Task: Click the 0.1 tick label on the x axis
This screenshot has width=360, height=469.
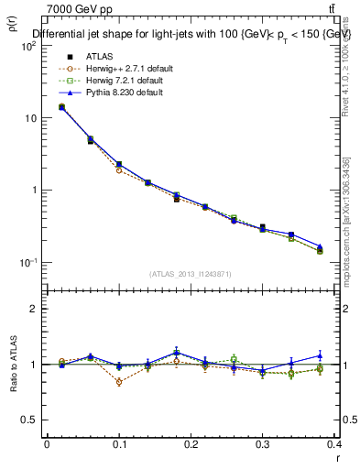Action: coord(118,444)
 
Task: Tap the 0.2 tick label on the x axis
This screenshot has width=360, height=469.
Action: coord(191,444)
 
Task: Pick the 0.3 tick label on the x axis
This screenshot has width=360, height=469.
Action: coord(263,444)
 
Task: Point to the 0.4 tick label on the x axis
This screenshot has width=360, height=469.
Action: coord(334,444)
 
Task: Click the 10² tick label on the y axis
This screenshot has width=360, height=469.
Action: coord(28,46)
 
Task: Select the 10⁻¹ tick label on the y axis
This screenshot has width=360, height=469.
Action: coord(28,263)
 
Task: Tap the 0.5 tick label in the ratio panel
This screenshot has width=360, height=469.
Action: coord(29,420)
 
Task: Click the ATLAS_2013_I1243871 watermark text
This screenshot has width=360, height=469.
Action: coord(191,275)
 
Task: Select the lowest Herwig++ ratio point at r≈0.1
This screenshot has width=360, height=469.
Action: coord(119,382)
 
